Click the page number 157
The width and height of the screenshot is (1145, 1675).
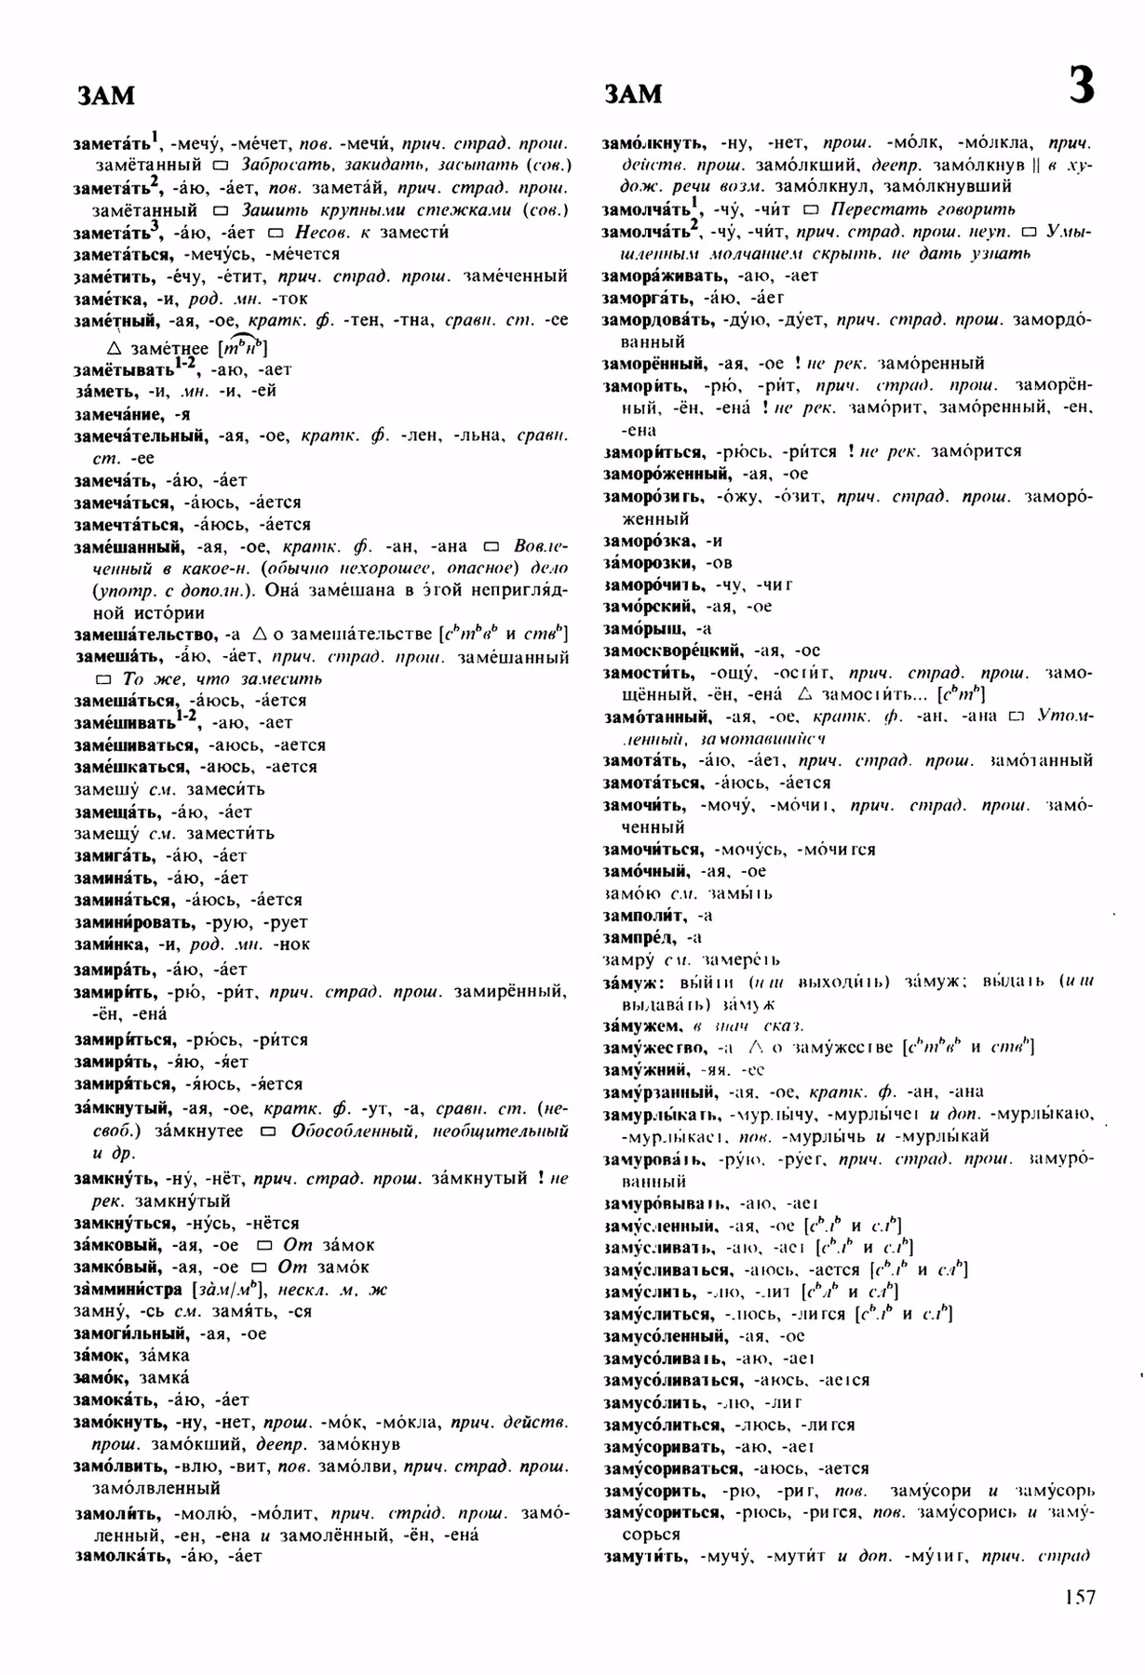[1078, 1597]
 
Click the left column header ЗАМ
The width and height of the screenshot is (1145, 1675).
[105, 95]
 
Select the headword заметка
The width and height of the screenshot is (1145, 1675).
[110, 299]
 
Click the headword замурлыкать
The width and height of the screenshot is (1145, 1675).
[660, 1114]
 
